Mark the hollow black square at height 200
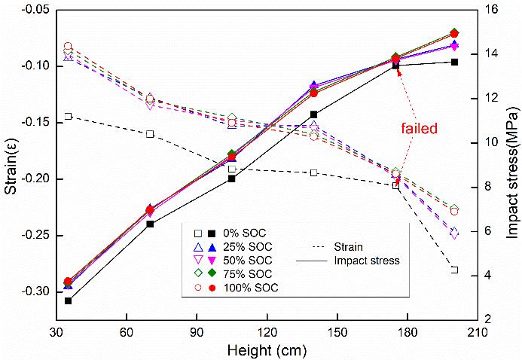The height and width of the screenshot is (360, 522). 455,270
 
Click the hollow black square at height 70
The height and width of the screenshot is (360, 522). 150,134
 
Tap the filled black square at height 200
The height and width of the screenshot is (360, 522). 455,62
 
